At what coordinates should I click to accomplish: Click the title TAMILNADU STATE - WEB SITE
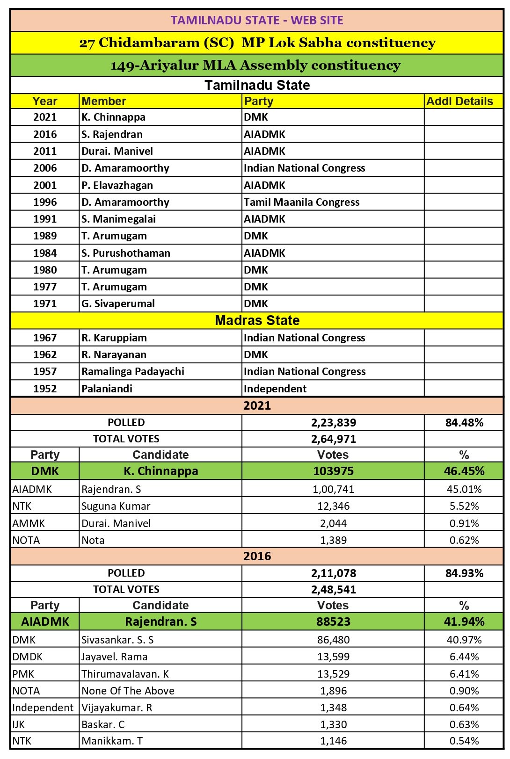click(257, 20)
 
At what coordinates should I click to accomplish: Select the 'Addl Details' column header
click(459, 101)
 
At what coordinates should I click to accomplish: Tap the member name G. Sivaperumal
click(118, 304)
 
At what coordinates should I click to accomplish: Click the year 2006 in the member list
click(45, 168)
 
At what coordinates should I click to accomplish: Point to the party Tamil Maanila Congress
click(301, 202)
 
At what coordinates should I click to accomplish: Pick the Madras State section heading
click(257, 320)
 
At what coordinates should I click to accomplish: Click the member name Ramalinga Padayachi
click(133, 371)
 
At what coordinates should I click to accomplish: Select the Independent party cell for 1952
click(275, 389)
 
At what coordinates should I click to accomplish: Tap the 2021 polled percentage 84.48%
click(464, 423)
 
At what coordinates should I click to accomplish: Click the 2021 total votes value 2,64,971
click(333, 439)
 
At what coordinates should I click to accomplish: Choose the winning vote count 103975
click(333, 471)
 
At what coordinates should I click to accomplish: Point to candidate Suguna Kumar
click(116, 506)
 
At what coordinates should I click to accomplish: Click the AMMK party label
click(29, 523)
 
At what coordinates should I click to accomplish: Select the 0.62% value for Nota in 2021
click(464, 540)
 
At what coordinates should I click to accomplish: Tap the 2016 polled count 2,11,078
click(333, 573)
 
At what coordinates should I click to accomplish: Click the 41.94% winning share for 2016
click(464, 622)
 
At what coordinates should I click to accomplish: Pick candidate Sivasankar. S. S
click(117, 640)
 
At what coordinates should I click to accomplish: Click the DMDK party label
click(27, 657)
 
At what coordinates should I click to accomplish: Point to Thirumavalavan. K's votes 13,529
click(333, 674)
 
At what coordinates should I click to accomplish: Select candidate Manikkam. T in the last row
click(112, 741)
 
